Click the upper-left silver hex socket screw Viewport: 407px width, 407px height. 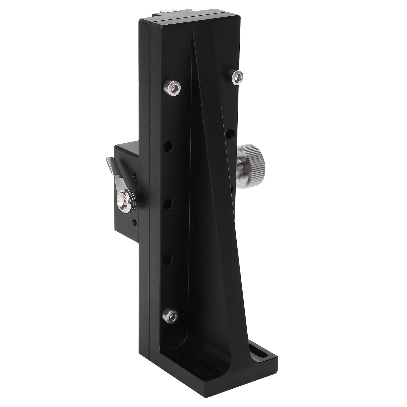click(x=173, y=88)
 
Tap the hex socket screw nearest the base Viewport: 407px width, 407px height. click(x=170, y=315)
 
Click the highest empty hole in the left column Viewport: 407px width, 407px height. click(x=169, y=147)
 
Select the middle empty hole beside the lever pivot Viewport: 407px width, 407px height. click(x=168, y=204)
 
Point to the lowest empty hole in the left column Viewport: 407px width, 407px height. click(x=168, y=260)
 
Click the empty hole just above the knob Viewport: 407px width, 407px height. click(x=230, y=133)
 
